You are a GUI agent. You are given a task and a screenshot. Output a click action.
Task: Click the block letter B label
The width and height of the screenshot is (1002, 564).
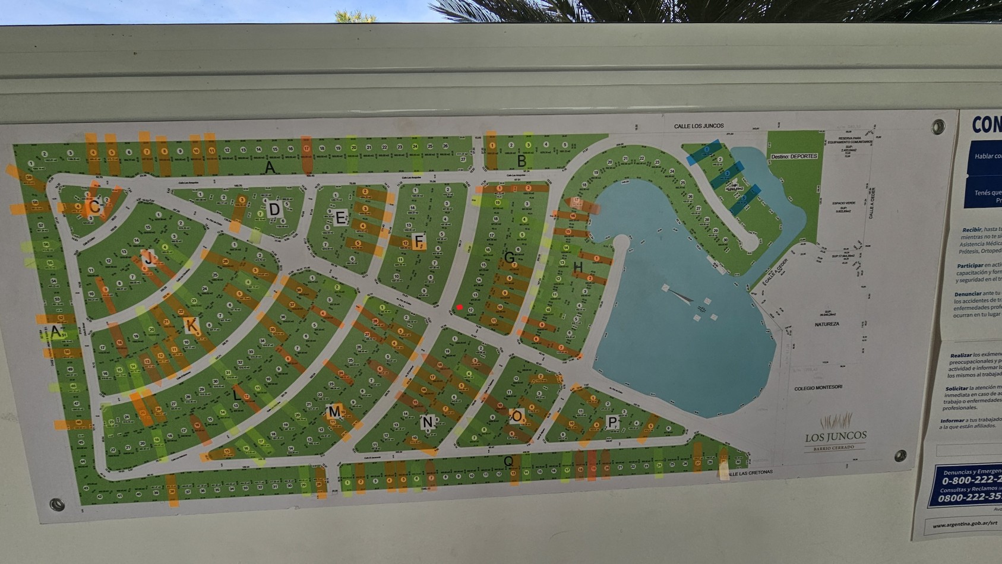pos(521,160)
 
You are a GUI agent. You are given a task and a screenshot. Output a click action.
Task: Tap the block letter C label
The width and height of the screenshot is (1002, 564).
pos(94,207)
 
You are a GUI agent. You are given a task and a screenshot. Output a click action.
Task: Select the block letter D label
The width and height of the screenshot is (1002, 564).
pos(274,209)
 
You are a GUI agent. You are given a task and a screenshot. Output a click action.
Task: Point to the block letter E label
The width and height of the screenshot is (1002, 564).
pos(340,217)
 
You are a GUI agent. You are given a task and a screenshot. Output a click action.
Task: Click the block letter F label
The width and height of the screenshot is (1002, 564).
pos(419,241)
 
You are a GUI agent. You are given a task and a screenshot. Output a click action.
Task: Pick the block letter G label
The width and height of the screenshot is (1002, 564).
pos(509,258)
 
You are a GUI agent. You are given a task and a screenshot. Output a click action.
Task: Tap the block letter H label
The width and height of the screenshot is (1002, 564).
pos(578,268)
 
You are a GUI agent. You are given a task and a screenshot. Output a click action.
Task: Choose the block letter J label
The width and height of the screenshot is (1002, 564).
pos(148,258)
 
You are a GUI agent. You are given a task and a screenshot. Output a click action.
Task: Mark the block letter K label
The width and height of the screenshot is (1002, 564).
pos(191,325)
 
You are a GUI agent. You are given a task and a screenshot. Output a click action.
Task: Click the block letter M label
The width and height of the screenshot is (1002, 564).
pos(334,411)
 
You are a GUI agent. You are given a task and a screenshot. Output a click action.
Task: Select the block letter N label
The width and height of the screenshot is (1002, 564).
pos(427,422)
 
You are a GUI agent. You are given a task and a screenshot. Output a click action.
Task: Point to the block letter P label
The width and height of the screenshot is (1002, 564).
pos(612,422)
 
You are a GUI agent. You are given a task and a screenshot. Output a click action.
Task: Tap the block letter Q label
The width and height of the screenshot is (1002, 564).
pos(508,461)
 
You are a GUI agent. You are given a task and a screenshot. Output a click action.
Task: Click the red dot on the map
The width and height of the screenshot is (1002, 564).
pos(460,307)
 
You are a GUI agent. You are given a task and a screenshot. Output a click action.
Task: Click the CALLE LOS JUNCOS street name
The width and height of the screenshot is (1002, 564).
pos(698,126)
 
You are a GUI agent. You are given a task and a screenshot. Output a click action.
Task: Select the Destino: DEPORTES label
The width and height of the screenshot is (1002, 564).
pos(794,157)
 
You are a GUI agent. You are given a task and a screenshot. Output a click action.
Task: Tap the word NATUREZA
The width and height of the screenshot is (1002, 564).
pos(827,324)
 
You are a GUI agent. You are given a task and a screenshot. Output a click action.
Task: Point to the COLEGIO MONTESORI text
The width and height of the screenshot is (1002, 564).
pos(818,388)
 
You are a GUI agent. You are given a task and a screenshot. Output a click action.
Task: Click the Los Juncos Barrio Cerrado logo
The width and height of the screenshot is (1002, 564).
pos(836,433)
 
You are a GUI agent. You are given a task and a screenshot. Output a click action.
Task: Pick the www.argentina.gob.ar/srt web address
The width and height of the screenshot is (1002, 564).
pos(959,525)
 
